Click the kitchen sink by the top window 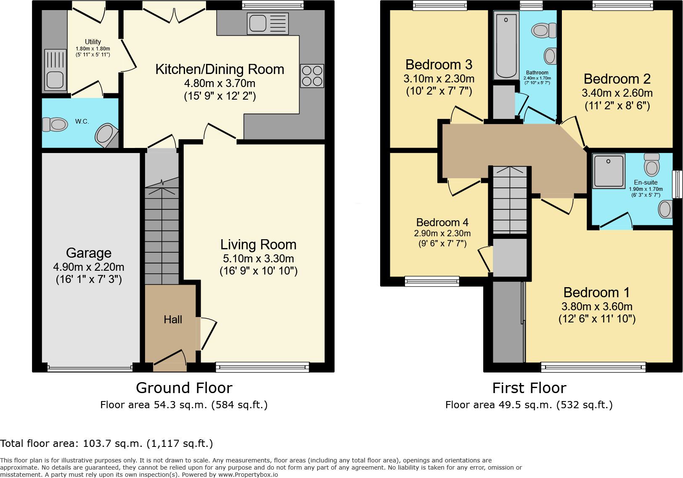[x=268, y=23]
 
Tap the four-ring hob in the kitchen [x=312, y=76]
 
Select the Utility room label [x=93, y=42]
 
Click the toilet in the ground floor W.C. [x=55, y=124]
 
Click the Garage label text [x=89, y=253]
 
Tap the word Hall [x=173, y=320]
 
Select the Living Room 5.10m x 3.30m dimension [x=258, y=259]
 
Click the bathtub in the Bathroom [x=506, y=45]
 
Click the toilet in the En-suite [x=652, y=165]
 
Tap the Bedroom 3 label [x=439, y=65]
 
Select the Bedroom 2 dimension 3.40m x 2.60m [x=617, y=93]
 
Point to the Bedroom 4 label [x=442, y=222]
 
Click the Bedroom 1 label [x=597, y=293]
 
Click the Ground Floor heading [x=184, y=388]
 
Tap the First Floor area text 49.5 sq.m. [x=529, y=405]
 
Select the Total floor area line [x=106, y=444]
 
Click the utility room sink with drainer [x=55, y=70]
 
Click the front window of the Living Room [x=262, y=367]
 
